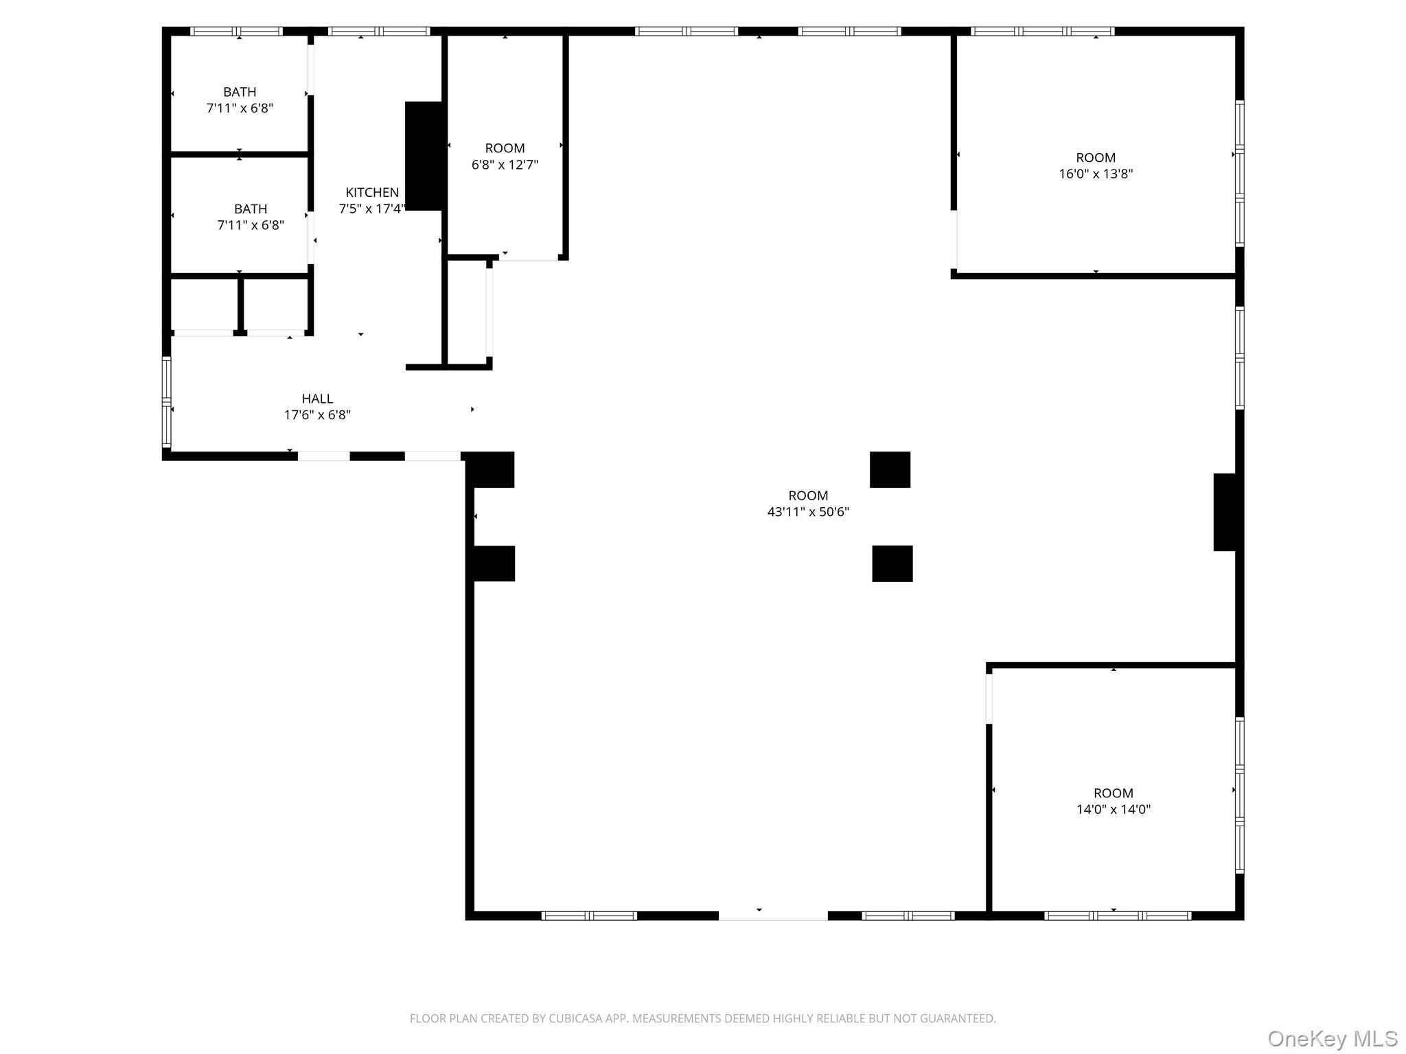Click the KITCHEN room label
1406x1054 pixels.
point(371,193)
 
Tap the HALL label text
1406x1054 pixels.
point(317,399)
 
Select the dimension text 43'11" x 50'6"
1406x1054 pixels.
point(808,512)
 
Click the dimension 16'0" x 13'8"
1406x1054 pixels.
point(1095,174)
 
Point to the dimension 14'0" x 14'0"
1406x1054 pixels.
point(1113,810)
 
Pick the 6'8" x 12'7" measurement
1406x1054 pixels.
point(505,165)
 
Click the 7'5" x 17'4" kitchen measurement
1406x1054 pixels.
point(371,209)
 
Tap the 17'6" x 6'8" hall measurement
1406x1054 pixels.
point(317,415)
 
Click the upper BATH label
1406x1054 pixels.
point(240,92)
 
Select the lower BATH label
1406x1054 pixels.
point(251,209)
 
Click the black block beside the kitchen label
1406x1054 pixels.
point(424,156)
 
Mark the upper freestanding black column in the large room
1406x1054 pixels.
point(890,470)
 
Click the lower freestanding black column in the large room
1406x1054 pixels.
point(892,563)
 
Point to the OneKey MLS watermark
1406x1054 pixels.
point(1332,1039)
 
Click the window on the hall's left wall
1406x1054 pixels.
point(166,402)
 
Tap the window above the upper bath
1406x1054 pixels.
point(236,31)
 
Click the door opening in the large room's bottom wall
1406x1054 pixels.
point(773,915)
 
